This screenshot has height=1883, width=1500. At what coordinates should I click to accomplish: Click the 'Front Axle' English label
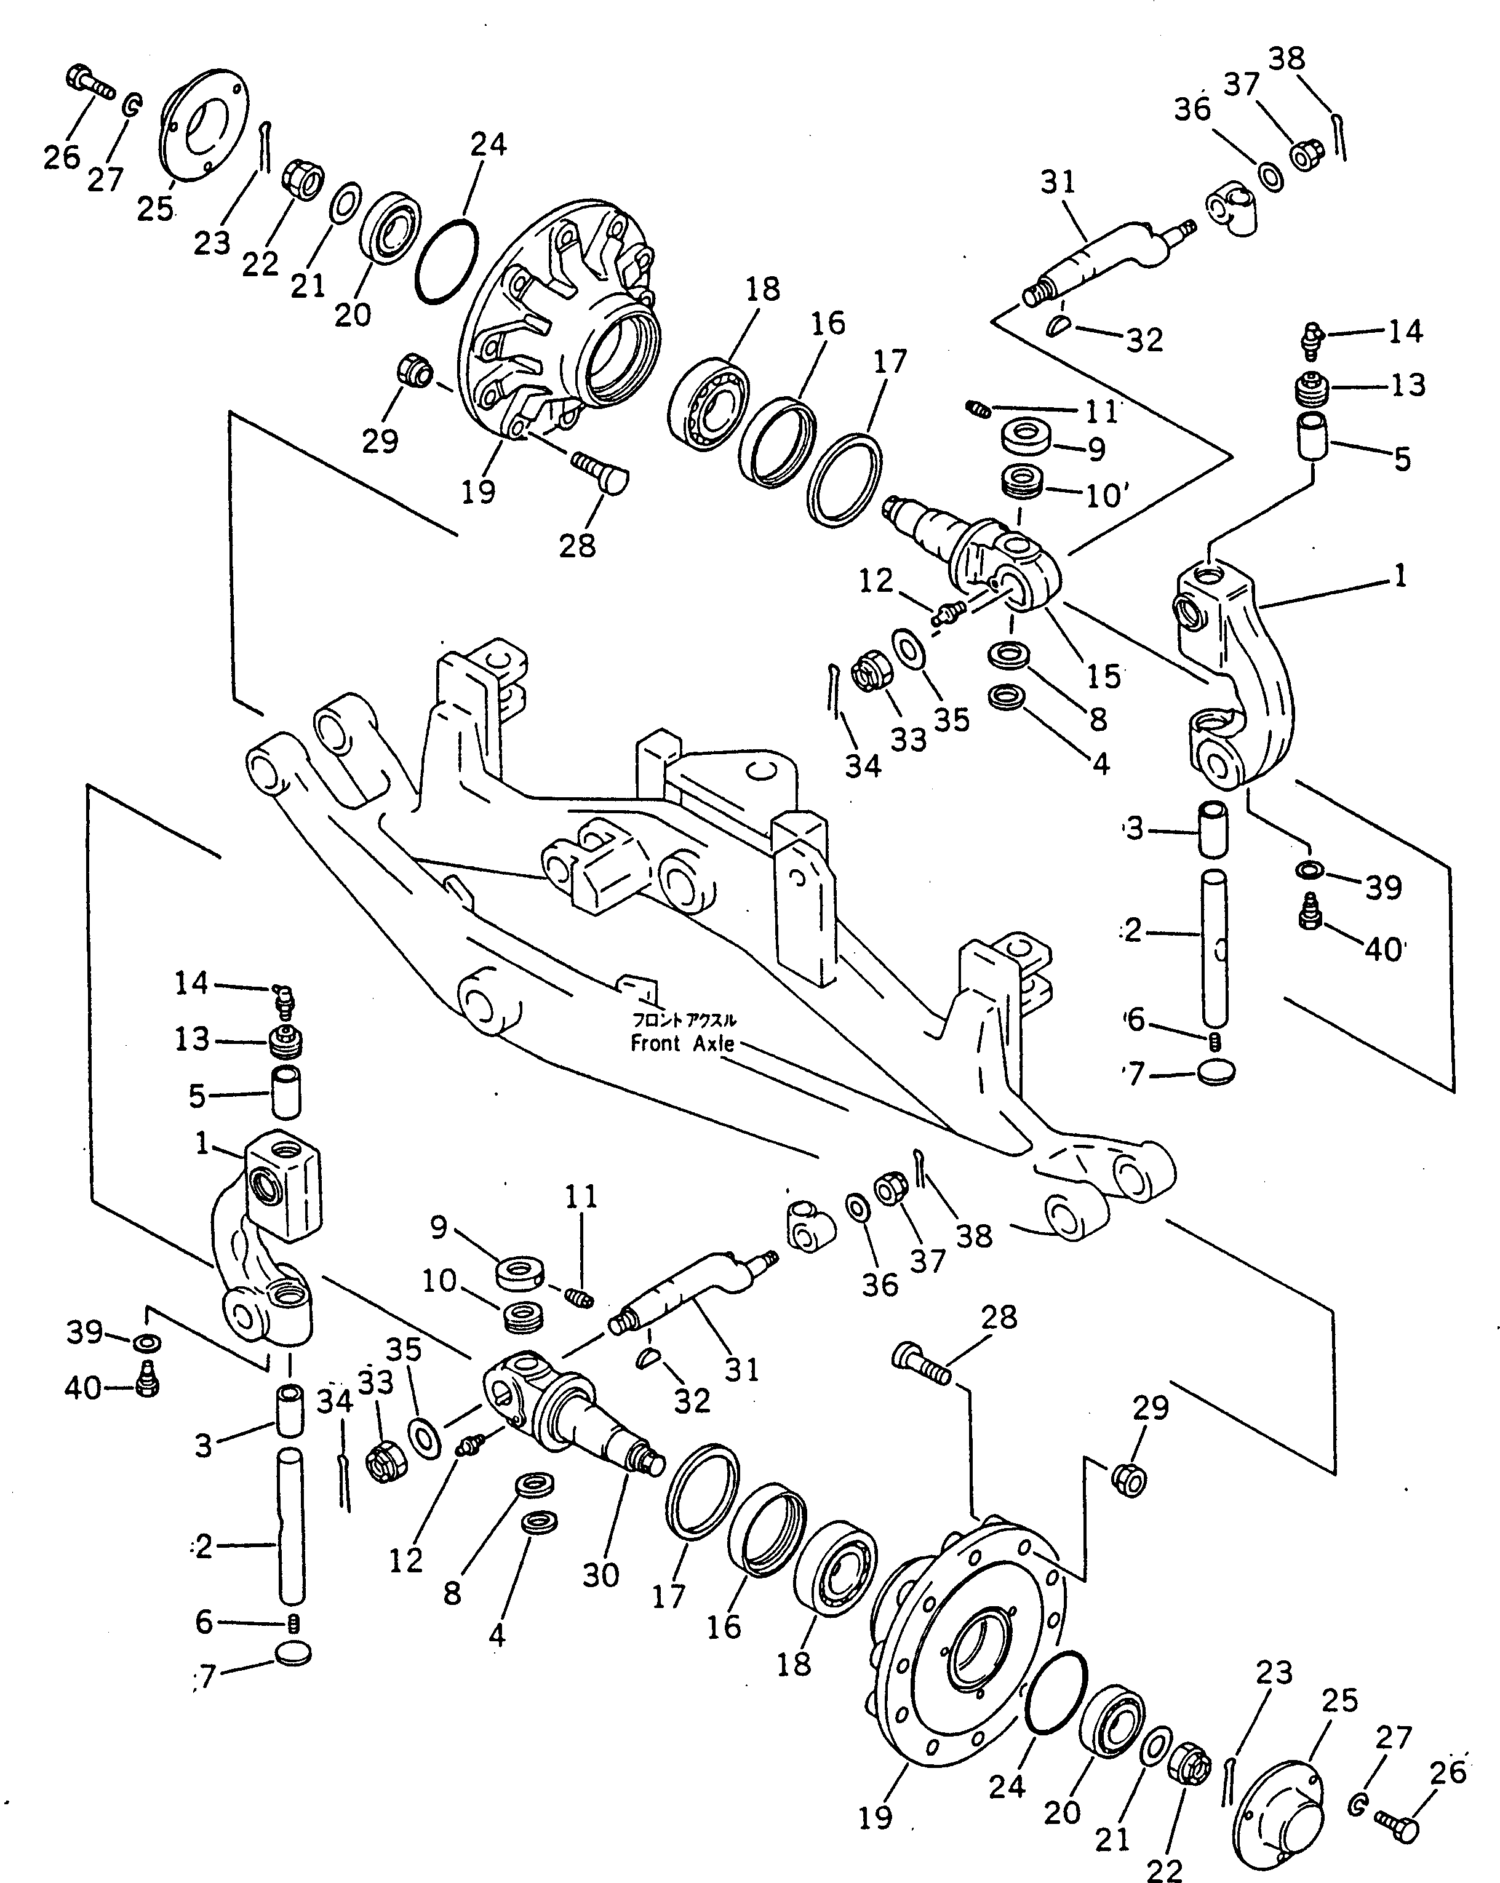682,1044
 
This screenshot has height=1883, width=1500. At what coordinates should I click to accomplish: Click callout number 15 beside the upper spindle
1103,675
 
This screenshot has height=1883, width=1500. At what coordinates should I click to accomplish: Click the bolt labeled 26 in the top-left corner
89,83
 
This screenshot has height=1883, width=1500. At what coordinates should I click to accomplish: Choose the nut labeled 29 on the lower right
1130,1479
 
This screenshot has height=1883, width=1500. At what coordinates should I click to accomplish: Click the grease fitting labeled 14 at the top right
1312,337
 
